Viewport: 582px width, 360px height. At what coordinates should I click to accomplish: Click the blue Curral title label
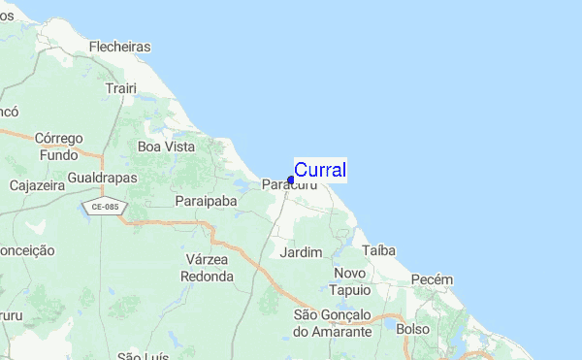pos(319,170)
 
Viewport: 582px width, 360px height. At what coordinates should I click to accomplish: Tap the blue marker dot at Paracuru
pos(291,180)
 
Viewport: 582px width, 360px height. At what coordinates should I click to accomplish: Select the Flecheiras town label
pos(119,46)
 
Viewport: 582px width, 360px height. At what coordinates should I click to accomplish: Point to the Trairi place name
pos(121,88)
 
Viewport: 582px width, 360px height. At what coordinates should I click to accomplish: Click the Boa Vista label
pos(167,147)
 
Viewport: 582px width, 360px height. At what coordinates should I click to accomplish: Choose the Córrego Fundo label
pos(59,147)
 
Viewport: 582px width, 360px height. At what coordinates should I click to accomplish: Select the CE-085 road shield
pos(100,207)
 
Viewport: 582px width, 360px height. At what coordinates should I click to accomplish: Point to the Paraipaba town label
pos(207,200)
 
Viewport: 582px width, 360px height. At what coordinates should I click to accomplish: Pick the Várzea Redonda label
pos(207,268)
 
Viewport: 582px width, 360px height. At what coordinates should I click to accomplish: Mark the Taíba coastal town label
pos(379,250)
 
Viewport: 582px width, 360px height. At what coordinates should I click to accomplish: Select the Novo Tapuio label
pos(351,281)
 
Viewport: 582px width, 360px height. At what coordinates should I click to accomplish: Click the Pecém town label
pos(432,279)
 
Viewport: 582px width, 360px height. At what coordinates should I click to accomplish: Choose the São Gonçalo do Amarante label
pos(333,323)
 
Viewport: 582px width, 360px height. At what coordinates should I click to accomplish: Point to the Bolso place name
pos(412,329)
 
